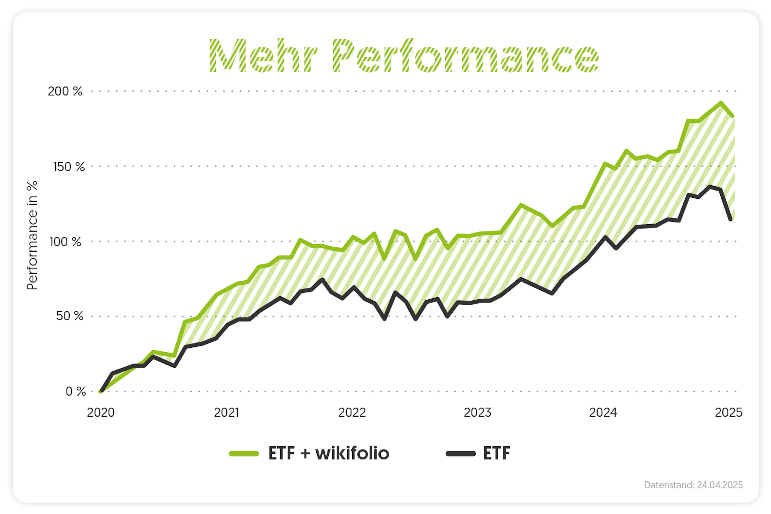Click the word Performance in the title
[466, 56]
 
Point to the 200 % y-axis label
[65, 91]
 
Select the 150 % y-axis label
[69, 167]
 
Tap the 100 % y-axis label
[65, 242]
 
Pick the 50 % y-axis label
[69, 316]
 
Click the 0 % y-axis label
[75, 391]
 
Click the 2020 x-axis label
[101, 412]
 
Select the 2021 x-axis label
[226, 412]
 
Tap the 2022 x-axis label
[352, 412]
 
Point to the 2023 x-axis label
[477, 412]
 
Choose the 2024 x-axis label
[603, 412]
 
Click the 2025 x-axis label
[728, 412]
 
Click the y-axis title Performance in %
[32, 235]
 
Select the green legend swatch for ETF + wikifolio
[244, 454]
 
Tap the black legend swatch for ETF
[461, 454]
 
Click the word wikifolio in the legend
[352, 453]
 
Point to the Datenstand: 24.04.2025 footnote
[693, 485]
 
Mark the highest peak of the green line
[721, 103]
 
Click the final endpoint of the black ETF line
[731, 219]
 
